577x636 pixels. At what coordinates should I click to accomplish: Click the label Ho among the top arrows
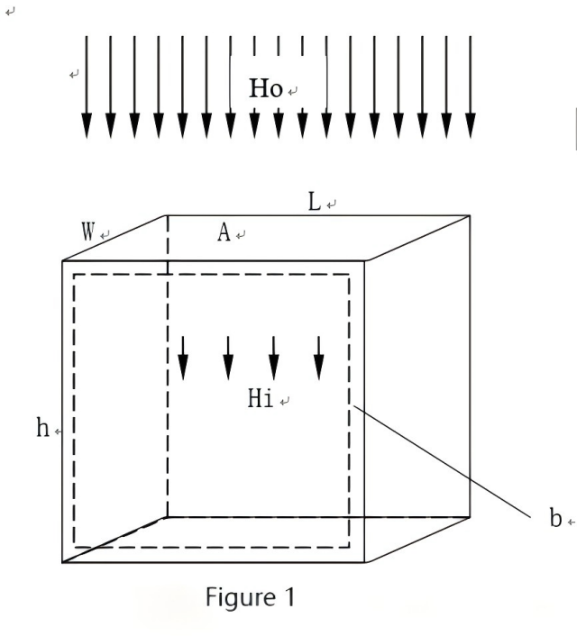point(265,88)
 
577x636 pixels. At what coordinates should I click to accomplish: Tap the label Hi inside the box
point(261,399)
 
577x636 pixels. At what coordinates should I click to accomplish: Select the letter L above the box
point(314,202)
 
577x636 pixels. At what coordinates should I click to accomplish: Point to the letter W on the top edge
point(88,231)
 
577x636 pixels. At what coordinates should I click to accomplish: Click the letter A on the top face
point(224,232)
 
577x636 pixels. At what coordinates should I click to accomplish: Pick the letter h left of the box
point(42,429)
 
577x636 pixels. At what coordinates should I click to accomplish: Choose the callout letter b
point(555,520)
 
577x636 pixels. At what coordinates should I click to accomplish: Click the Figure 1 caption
point(249,596)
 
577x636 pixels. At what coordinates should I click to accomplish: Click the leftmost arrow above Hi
point(183,358)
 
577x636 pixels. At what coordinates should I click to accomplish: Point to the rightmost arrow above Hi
point(318,358)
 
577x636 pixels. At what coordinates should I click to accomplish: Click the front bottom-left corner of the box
point(62,563)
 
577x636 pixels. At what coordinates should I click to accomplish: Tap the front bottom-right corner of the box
point(365,563)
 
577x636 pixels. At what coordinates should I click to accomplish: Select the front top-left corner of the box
point(62,261)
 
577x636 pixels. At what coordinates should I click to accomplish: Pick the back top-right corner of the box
point(470,215)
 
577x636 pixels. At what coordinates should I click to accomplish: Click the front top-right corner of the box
point(365,261)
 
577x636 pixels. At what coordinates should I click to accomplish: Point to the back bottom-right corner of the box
point(470,517)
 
